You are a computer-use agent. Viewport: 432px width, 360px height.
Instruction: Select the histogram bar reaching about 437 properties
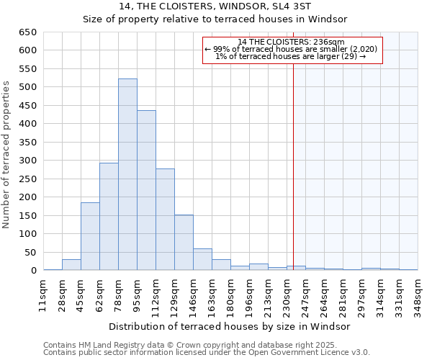146,190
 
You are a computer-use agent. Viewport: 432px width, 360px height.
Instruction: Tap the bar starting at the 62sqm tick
109,216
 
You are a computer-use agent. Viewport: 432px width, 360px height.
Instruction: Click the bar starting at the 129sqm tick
184,243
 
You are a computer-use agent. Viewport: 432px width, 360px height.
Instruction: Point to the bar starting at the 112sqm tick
165,220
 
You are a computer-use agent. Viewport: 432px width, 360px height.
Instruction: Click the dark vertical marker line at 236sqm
293,158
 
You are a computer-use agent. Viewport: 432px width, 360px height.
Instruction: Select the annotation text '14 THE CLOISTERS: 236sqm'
291,42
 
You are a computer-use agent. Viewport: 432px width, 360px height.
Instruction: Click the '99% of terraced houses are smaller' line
291,49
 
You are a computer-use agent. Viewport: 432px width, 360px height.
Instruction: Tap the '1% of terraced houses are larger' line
291,56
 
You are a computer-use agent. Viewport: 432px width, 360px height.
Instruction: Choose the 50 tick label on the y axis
30,253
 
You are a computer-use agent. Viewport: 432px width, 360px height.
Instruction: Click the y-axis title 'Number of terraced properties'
7,155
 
